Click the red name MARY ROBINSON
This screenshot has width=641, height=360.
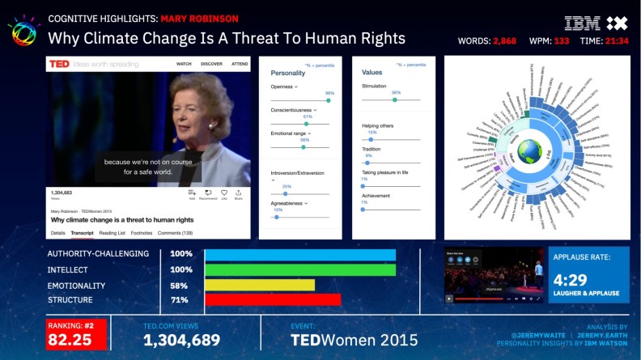click(x=199, y=18)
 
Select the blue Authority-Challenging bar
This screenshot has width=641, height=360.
click(x=300, y=254)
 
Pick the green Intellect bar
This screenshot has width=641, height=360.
click(x=300, y=269)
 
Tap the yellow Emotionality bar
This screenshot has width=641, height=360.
click(x=260, y=285)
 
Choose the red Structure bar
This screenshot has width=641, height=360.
click(x=272, y=300)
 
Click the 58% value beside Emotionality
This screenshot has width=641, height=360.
click(x=180, y=286)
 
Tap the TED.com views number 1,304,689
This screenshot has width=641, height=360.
click(x=181, y=341)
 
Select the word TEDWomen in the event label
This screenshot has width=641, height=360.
click(x=329, y=341)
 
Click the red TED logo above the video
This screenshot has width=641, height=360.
click(x=59, y=63)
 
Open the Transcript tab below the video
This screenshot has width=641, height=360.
click(x=82, y=233)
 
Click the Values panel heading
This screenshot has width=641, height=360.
click(x=372, y=72)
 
